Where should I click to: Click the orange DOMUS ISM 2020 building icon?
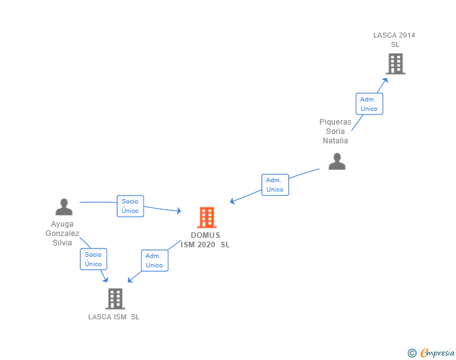(207, 217)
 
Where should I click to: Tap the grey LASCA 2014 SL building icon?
(395, 64)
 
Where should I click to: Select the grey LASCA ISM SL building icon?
(115, 299)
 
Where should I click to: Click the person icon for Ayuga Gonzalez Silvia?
(64, 207)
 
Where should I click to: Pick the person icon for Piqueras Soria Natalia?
(337, 162)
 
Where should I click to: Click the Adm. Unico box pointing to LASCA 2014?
(369, 104)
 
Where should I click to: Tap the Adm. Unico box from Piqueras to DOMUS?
(275, 185)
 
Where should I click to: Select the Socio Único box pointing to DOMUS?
(130, 206)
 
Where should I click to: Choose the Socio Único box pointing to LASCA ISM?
(93, 259)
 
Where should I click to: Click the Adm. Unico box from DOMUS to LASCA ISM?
(154, 260)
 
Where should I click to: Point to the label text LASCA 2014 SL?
(395, 40)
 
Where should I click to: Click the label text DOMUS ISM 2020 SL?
(205, 240)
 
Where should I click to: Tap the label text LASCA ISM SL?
(114, 317)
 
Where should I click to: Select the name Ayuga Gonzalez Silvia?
(63, 233)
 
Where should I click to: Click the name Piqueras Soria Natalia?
(335, 131)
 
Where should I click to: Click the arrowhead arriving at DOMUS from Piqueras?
(232, 201)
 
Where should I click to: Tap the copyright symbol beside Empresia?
(412, 353)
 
